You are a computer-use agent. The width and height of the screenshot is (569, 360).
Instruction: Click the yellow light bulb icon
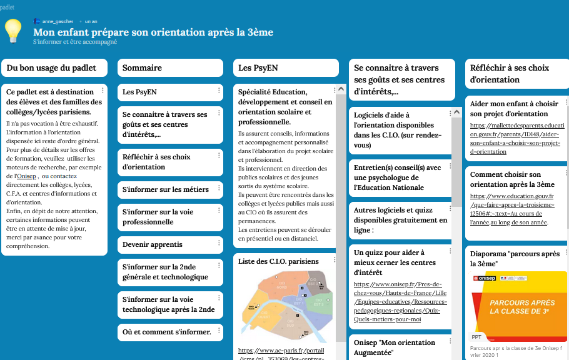[14, 30]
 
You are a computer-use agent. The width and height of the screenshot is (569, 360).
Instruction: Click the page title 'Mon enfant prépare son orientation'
[153, 32]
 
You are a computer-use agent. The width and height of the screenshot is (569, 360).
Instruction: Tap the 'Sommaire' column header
[142, 67]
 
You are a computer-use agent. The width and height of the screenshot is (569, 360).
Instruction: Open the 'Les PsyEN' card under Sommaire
[140, 92]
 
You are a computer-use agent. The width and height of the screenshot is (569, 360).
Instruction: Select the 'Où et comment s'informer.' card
[166, 332]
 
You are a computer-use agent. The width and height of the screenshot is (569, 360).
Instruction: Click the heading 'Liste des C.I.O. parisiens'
[278, 261]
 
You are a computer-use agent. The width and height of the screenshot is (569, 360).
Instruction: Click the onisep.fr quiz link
[397, 302]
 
